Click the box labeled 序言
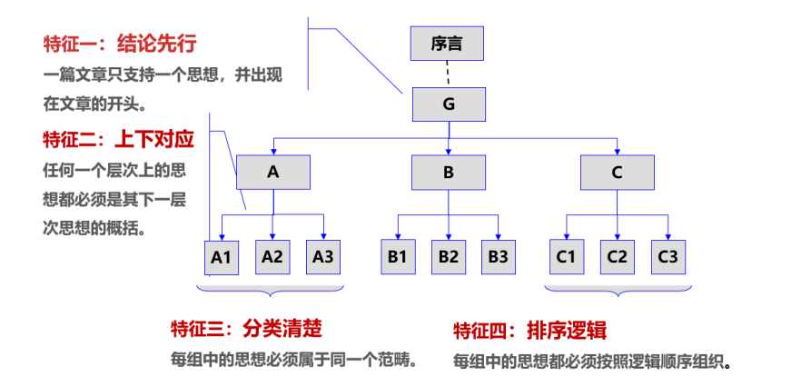tap(447, 43)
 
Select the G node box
tap(449, 104)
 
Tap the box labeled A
tap(273, 172)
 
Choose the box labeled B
tap(448, 172)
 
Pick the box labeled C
tap(618, 172)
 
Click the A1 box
tap(222, 256)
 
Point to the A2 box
tap(272, 256)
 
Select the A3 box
tap(323, 256)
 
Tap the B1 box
tap(397, 256)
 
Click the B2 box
tap(448, 256)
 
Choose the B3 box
tap(498, 256)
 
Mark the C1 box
tap(567, 256)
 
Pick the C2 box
tap(618, 256)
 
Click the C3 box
tap(667, 256)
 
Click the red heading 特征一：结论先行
tap(120, 44)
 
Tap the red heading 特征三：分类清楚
tap(246, 328)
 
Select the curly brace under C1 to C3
tap(618, 291)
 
